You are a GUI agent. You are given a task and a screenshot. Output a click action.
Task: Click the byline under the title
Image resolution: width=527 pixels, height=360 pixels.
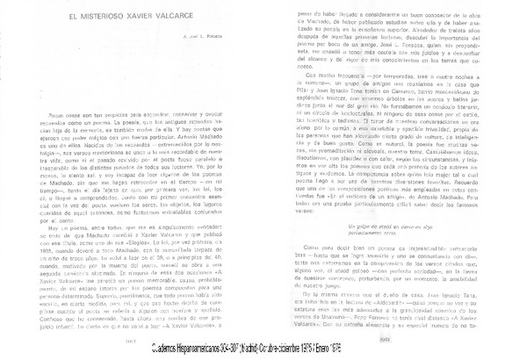pyautogui.click(x=218, y=36)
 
